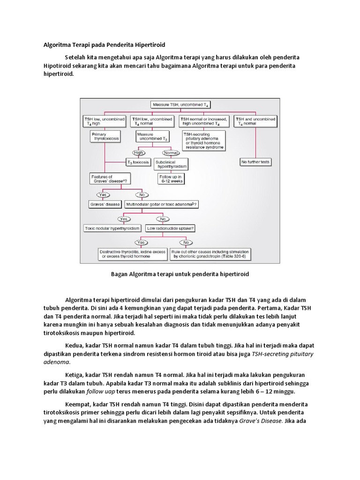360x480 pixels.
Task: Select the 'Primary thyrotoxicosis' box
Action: (105, 136)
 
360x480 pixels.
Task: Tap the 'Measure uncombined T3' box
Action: (152, 136)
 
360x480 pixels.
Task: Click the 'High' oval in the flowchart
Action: (138, 152)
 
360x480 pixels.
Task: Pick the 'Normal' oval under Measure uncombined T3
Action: (171, 152)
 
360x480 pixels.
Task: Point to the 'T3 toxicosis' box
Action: (138, 162)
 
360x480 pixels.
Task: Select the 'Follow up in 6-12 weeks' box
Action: (171, 179)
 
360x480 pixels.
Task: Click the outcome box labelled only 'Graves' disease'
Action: (105, 204)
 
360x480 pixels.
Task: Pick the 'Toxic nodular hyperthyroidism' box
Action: (112, 228)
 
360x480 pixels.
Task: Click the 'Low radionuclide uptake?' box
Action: (170, 228)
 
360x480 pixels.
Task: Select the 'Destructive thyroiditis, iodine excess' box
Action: (133, 254)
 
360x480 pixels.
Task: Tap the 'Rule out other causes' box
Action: (210, 254)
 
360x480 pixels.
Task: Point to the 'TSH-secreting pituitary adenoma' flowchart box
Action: (203, 141)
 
